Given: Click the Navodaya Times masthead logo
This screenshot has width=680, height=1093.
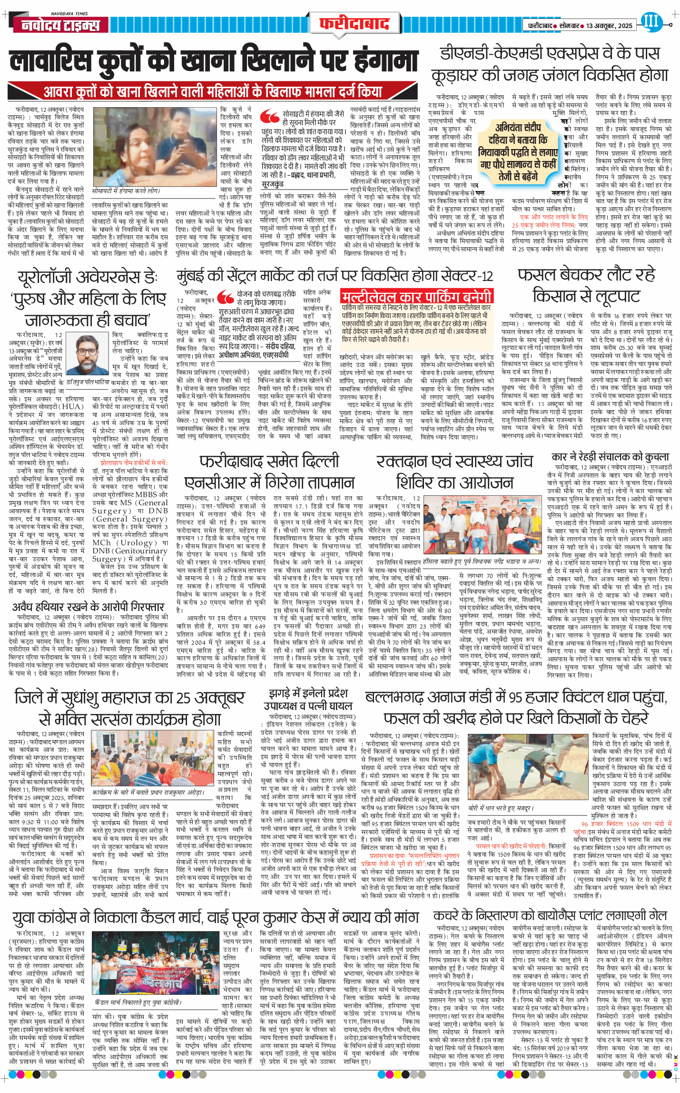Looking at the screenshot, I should (x=61, y=25).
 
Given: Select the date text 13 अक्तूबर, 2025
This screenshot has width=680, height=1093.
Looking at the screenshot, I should (x=609, y=26).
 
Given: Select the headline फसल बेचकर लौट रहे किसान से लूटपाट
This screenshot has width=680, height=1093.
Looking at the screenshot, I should (x=586, y=285).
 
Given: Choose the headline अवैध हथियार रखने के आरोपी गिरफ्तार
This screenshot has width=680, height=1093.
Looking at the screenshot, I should (x=89, y=606).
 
